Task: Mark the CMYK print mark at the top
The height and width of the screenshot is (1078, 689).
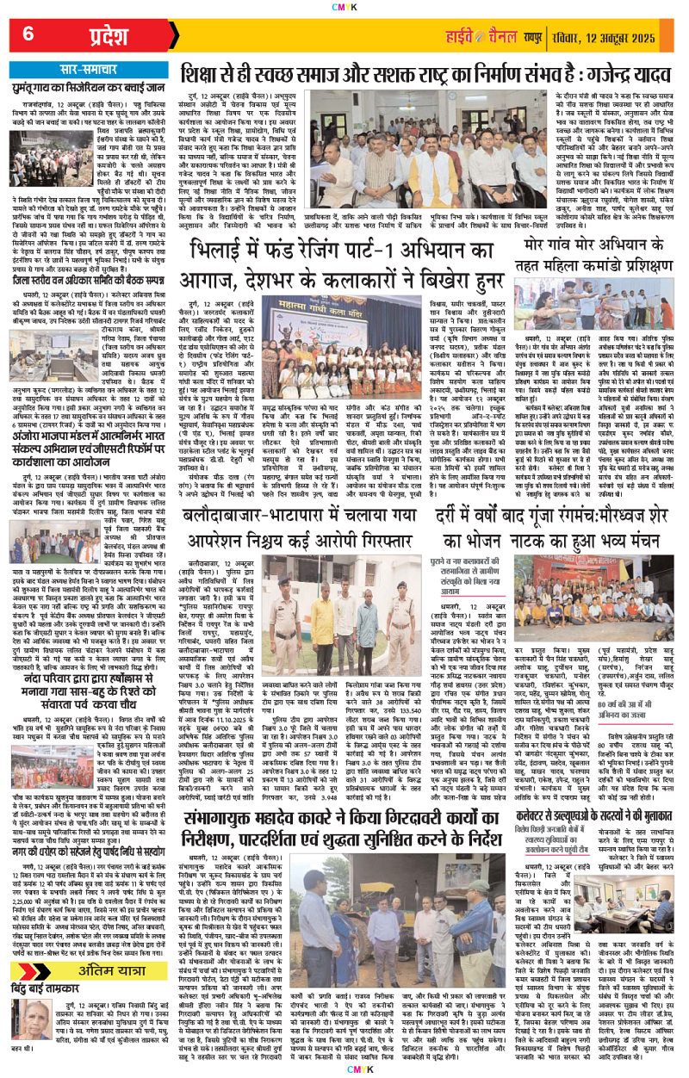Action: (x=344, y=7)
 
